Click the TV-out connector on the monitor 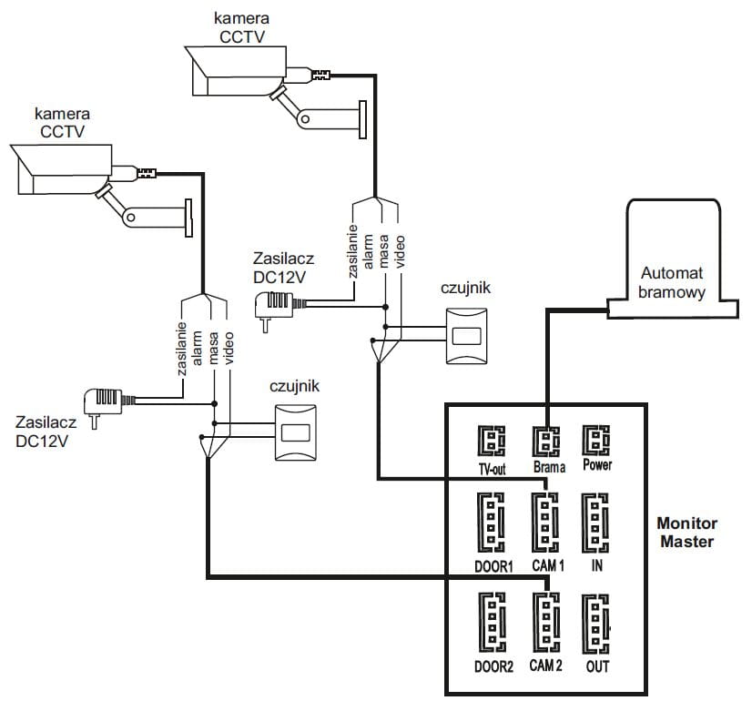point(493,442)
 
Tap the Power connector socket point(596,442)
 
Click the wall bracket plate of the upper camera point(361,119)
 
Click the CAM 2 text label point(545,666)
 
